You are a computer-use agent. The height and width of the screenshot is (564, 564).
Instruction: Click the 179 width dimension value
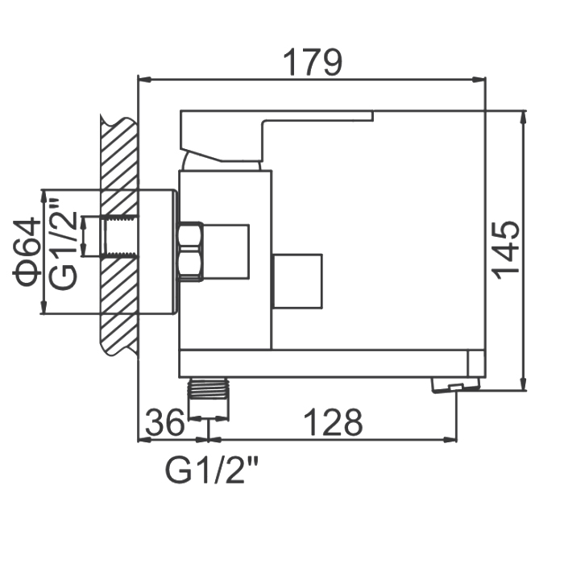coord(313,63)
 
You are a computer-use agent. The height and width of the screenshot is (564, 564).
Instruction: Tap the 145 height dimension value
coord(506,251)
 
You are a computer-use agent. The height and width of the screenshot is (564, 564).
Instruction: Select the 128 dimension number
coord(333,422)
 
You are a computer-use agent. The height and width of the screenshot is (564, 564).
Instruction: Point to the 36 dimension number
coord(164,422)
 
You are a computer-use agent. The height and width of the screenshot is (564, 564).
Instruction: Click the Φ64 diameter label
coord(27,251)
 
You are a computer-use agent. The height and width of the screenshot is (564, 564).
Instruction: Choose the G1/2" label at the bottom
coord(211,470)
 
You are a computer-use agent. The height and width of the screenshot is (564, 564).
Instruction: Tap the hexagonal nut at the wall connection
coord(190,251)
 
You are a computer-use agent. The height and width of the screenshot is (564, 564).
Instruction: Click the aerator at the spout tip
coord(456,384)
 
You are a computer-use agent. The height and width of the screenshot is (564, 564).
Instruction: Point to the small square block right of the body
coord(297,281)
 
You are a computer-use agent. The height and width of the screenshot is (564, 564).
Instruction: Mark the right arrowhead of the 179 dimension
coord(480,80)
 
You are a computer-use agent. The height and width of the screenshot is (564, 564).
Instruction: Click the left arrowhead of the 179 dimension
coord(144,80)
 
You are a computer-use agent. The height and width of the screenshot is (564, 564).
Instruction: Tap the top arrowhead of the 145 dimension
coord(524,117)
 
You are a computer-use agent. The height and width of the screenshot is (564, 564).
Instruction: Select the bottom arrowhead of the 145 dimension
coord(524,384)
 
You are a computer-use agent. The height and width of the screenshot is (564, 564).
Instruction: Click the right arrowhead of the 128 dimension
coord(450,439)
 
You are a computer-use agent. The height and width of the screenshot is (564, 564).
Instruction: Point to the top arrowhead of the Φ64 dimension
coord(44,197)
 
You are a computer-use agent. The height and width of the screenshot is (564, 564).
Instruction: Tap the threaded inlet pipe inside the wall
coord(121,236)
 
